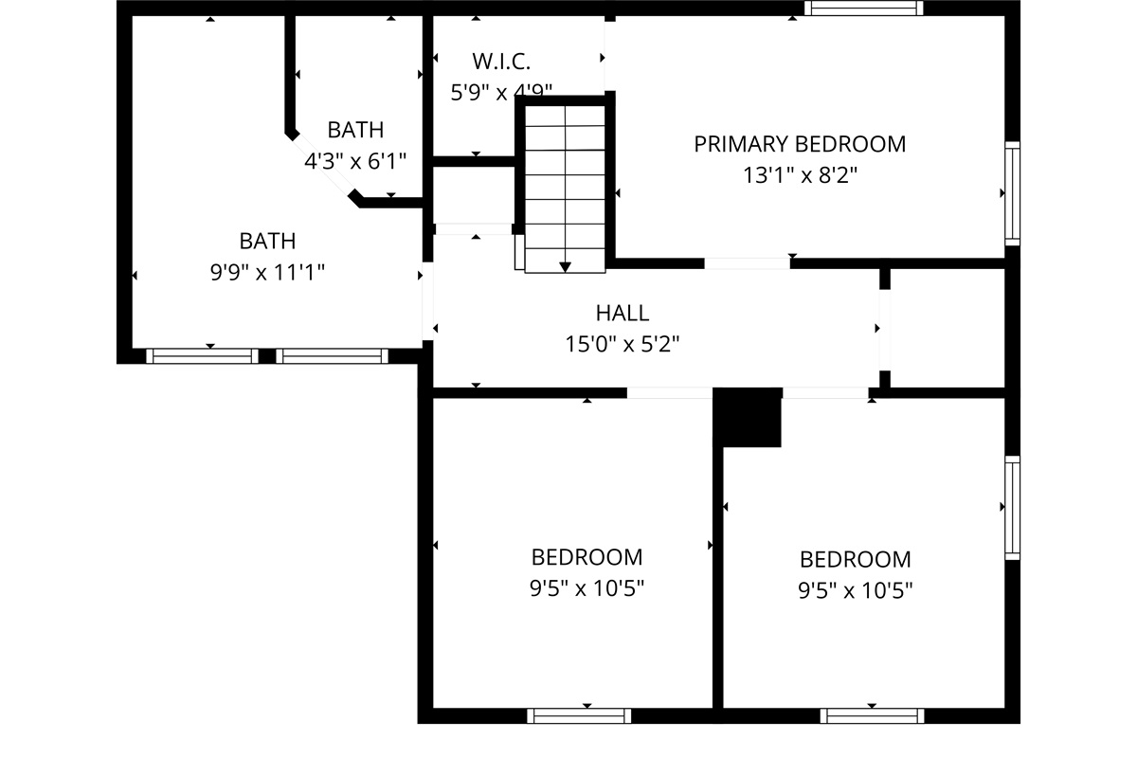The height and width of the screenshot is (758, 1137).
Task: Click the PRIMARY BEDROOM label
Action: tap(800, 144)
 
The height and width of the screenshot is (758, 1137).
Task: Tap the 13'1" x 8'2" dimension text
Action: tap(800, 175)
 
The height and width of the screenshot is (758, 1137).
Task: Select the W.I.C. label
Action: tap(501, 63)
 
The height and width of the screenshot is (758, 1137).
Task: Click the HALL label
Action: tap(623, 313)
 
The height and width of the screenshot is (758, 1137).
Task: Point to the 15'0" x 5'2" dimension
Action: tap(623, 344)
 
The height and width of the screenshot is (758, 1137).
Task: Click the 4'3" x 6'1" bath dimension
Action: tap(355, 161)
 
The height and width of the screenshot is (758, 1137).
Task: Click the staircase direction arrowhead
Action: tap(566, 266)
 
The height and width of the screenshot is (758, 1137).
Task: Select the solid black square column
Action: tap(748, 417)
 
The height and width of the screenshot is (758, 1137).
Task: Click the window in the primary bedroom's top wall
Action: tap(863, 9)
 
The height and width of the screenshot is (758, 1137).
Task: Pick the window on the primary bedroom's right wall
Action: tap(1012, 193)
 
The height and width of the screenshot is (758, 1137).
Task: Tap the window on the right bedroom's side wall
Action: tap(1012, 508)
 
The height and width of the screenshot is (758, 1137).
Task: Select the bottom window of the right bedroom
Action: tap(872, 715)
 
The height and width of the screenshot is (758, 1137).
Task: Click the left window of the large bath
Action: tap(202, 356)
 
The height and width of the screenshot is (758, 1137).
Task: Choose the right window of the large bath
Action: tap(332, 356)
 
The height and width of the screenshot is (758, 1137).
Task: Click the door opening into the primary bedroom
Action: tap(747, 262)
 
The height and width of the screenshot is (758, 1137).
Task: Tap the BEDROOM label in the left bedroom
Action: tap(587, 557)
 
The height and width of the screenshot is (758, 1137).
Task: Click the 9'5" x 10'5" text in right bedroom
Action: tap(855, 591)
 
